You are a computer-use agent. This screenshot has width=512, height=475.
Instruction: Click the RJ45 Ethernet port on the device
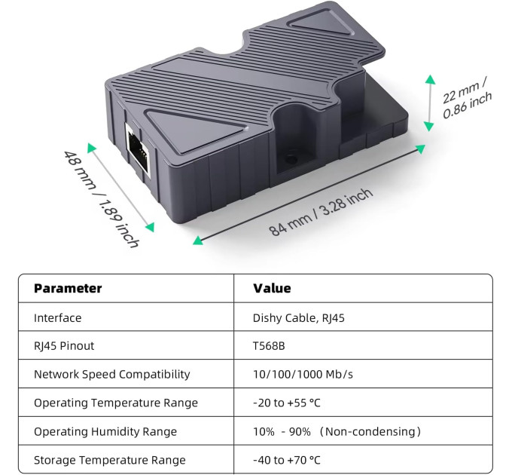138,150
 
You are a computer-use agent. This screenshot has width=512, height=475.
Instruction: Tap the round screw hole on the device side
291,159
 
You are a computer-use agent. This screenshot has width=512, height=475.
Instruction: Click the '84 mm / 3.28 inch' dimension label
321,211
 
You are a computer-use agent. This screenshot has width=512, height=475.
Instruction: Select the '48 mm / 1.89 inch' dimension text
101,198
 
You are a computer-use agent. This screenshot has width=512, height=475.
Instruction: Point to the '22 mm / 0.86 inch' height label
467,97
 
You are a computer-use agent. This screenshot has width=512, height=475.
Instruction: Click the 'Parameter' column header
68,288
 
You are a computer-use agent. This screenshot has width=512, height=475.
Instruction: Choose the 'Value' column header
272,288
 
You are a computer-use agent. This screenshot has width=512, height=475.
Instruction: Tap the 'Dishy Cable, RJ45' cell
299,317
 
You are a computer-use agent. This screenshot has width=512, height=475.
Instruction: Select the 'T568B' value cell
269,346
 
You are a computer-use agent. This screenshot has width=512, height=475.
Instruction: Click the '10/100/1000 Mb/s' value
303,374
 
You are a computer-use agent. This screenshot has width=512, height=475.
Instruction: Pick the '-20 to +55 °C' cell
287,403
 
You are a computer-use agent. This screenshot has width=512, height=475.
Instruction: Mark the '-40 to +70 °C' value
287,460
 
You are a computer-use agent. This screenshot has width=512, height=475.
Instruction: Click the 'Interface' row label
58,317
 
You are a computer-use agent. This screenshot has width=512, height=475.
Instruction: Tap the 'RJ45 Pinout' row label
64,346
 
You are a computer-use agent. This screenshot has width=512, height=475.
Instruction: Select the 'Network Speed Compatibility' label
112,374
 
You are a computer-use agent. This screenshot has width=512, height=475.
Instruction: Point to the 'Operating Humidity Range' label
105,431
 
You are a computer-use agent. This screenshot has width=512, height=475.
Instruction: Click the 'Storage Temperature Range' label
110,460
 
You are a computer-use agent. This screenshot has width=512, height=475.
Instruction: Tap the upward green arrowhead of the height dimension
430,79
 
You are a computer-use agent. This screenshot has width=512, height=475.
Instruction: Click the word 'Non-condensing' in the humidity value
370,431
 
